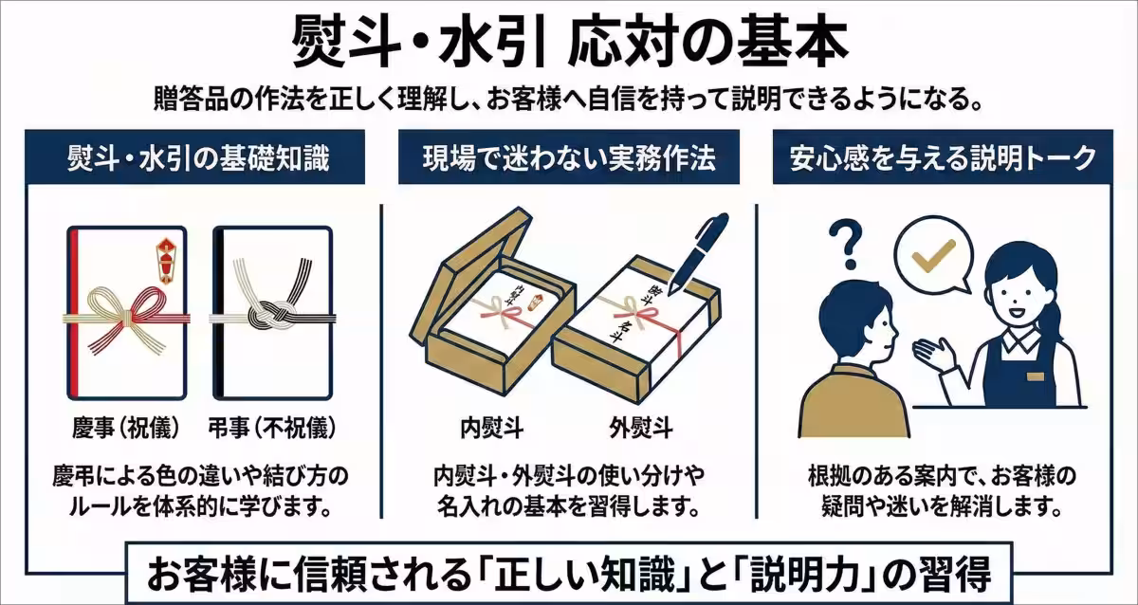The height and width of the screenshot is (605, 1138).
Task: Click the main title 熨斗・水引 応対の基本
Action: tap(569, 40)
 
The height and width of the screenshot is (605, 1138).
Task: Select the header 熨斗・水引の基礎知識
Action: tap(199, 158)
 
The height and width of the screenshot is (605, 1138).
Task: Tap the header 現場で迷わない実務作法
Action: tap(569, 158)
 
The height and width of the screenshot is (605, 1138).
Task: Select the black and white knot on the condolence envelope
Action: tap(269, 313)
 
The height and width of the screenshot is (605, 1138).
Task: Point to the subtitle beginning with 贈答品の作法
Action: tap(569, 98)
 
